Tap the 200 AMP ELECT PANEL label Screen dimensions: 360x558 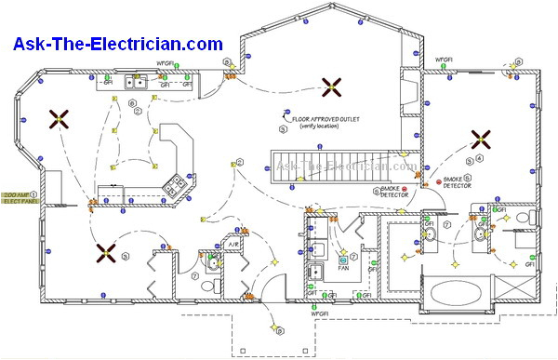point(20,197)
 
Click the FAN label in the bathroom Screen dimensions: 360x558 point(343,263)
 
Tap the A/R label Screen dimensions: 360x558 point(235,244)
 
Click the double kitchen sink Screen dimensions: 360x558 point(137,83)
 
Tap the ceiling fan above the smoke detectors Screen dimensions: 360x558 point(481,140)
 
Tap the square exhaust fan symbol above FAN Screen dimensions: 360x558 point(343,250)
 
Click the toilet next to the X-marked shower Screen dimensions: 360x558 point(523,219)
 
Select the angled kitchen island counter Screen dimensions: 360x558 point(176,148)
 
